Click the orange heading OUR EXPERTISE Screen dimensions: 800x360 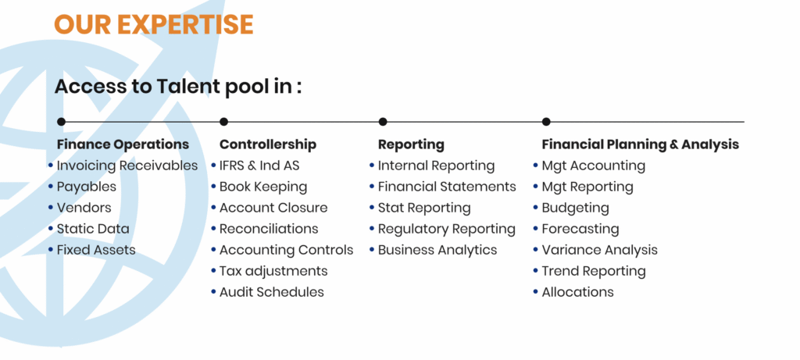pyautogui.click(x=154, y=24)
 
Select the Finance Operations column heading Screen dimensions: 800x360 pyautogui.click(x=123, y=144)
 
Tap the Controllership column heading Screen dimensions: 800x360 pyautogui.click(x=268, y=144)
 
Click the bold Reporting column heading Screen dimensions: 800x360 pyautogui.click(x=411, y=144)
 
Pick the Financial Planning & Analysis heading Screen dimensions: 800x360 pyautogui.click(x=641, y=144)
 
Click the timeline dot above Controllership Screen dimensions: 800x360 pyautogui.click(x=223, y=122)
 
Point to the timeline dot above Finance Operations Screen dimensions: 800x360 pyautogui.click(x=61, y=122)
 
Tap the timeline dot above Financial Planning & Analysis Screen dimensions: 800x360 pyautogui.click(x=546, y=122)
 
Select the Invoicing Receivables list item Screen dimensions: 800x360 pyautogui.click(x=127, y=166)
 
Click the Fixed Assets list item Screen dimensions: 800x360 pyautogui.click(x=96, y=250)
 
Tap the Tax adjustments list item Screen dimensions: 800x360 pyautogui.click(x=273, y=271)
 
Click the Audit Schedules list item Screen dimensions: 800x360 pyautogui.click(x=271, y=292)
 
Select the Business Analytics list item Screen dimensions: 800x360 pyautogui.click(x=437, y=251)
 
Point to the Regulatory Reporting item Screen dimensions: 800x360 pyautogui.click(x=446, y=230)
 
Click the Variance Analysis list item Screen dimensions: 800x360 pyautogui.click(x=599, y=251)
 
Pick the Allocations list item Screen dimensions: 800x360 pyautogui.click(x=577, y=292)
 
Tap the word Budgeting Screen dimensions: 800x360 pyautogui.click(x=576, y=208)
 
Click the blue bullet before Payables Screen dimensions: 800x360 pyautogui.click(x=51, y=187)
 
